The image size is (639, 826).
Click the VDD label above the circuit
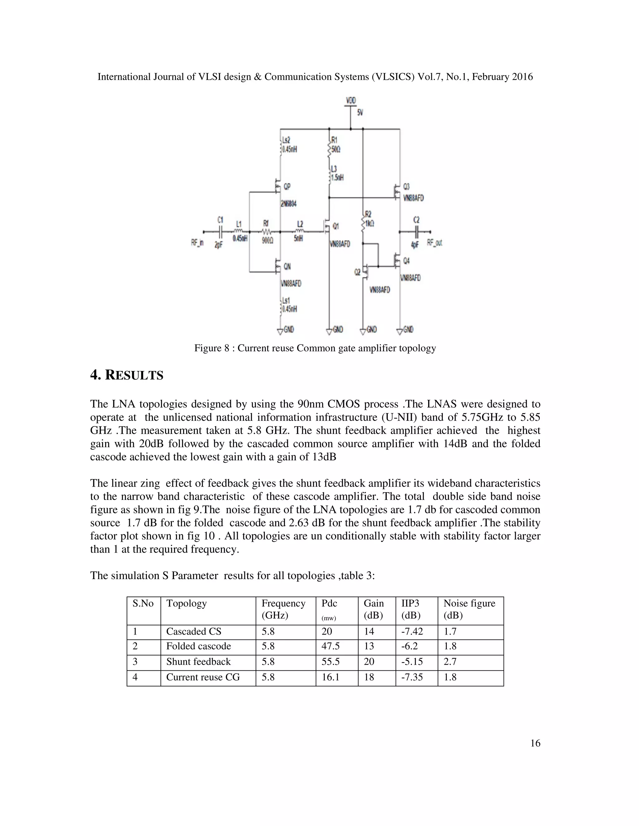tap(350, 100)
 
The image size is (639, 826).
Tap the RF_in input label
tap(197, 243)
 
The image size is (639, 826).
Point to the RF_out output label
tap(434, 243)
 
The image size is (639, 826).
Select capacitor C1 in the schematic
tap(220, 232)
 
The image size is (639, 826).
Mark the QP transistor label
tap(287, 186)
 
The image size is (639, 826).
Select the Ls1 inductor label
tap(286, 301)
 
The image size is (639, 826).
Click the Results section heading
tap(126, 375)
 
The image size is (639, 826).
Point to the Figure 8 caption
tap(315, 348)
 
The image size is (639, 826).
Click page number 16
tap(535, 743)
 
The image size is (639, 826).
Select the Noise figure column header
tap(469, 603)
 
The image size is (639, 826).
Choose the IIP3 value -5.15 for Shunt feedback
tap(412, 661)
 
